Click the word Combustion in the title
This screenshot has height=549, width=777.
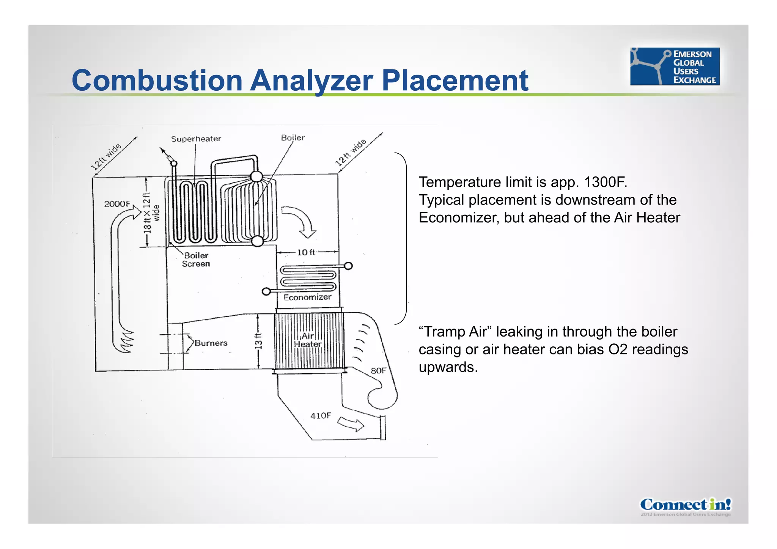157,80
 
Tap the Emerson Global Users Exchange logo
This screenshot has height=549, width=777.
675,66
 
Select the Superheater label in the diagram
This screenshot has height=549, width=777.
196,139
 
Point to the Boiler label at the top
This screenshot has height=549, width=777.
293,138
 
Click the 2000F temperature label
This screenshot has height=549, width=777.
117,204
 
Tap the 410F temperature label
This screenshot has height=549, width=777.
321,416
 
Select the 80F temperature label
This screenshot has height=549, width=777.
378,371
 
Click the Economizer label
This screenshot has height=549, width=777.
307,297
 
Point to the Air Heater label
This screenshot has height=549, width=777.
308,340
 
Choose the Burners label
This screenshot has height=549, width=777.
211,343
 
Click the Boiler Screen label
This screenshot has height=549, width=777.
196,260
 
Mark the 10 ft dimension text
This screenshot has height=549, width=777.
306,252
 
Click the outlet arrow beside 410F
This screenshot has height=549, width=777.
351,423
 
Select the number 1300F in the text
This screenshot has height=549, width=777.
605,182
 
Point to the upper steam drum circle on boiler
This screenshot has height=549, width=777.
256,176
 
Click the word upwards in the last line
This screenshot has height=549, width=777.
448,368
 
